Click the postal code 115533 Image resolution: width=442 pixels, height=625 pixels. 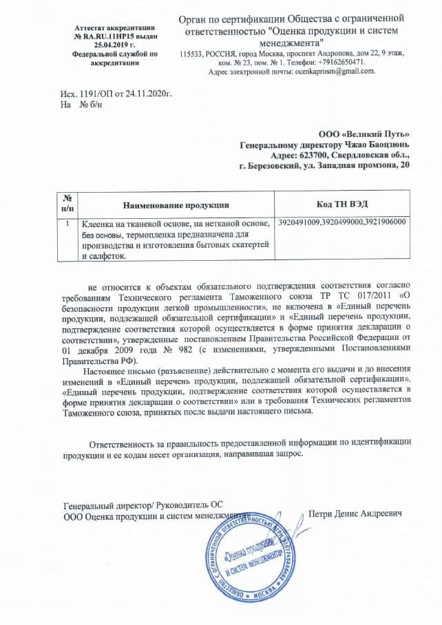tap(192, 53)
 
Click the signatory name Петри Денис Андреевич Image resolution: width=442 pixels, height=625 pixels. tap(355, 513)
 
